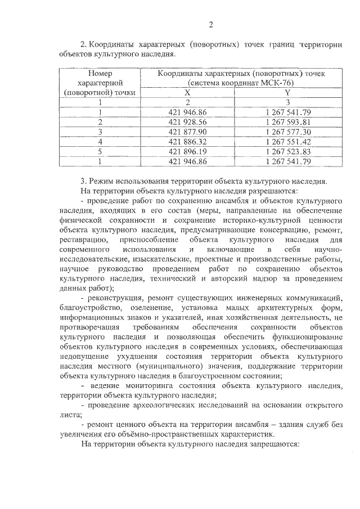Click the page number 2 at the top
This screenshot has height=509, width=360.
click(210, 24)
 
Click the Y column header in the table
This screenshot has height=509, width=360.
click(287, 92)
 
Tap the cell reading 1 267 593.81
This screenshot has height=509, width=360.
click(288, 121)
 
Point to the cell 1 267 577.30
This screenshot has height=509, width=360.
click(288, 132)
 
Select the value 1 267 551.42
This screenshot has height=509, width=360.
click(288, 142)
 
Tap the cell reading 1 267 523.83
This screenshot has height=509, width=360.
click(288, 152)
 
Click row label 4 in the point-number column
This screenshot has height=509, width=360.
click(100, 142)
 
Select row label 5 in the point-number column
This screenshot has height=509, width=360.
click(100, 152)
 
